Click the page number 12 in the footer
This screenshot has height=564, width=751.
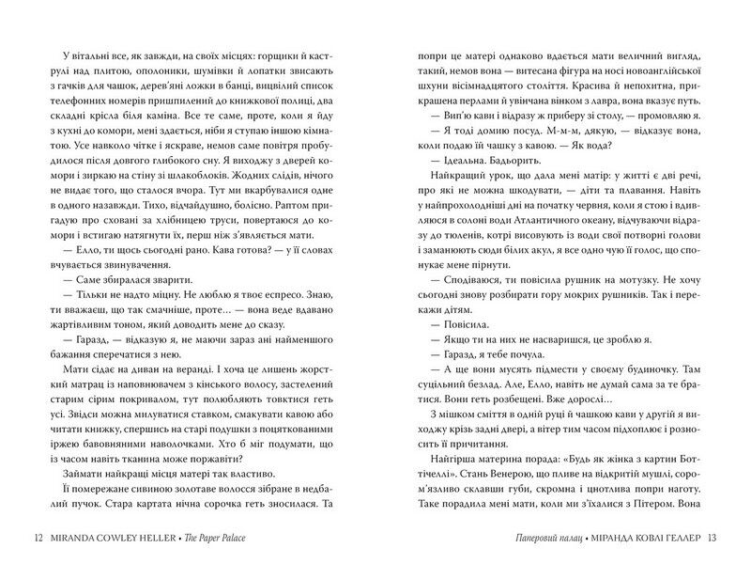click(x=38, y=538)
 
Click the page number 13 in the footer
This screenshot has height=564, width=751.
click(x=712, y=538)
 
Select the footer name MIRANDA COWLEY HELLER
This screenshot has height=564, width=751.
click(x=115, y=538)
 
